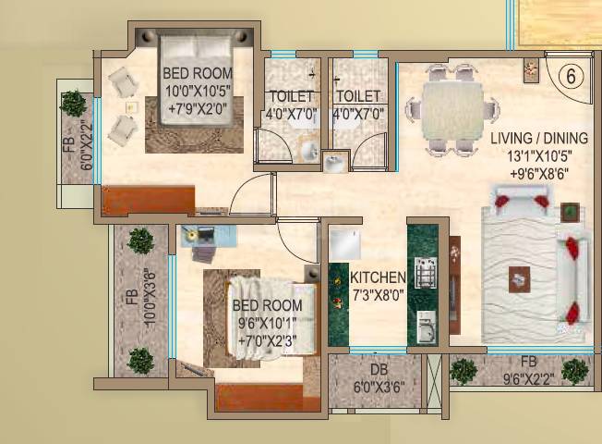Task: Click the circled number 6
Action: click(x=570, y=78)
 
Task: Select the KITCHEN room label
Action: click(x=377, y=277)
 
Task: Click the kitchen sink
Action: click(x=425, y=327)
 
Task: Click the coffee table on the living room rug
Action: click(x=520, y=277)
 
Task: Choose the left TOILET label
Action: click(x=291, y=97)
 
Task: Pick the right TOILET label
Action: click(x=359, y=97)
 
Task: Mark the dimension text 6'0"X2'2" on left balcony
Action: click(x=85, y=153)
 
